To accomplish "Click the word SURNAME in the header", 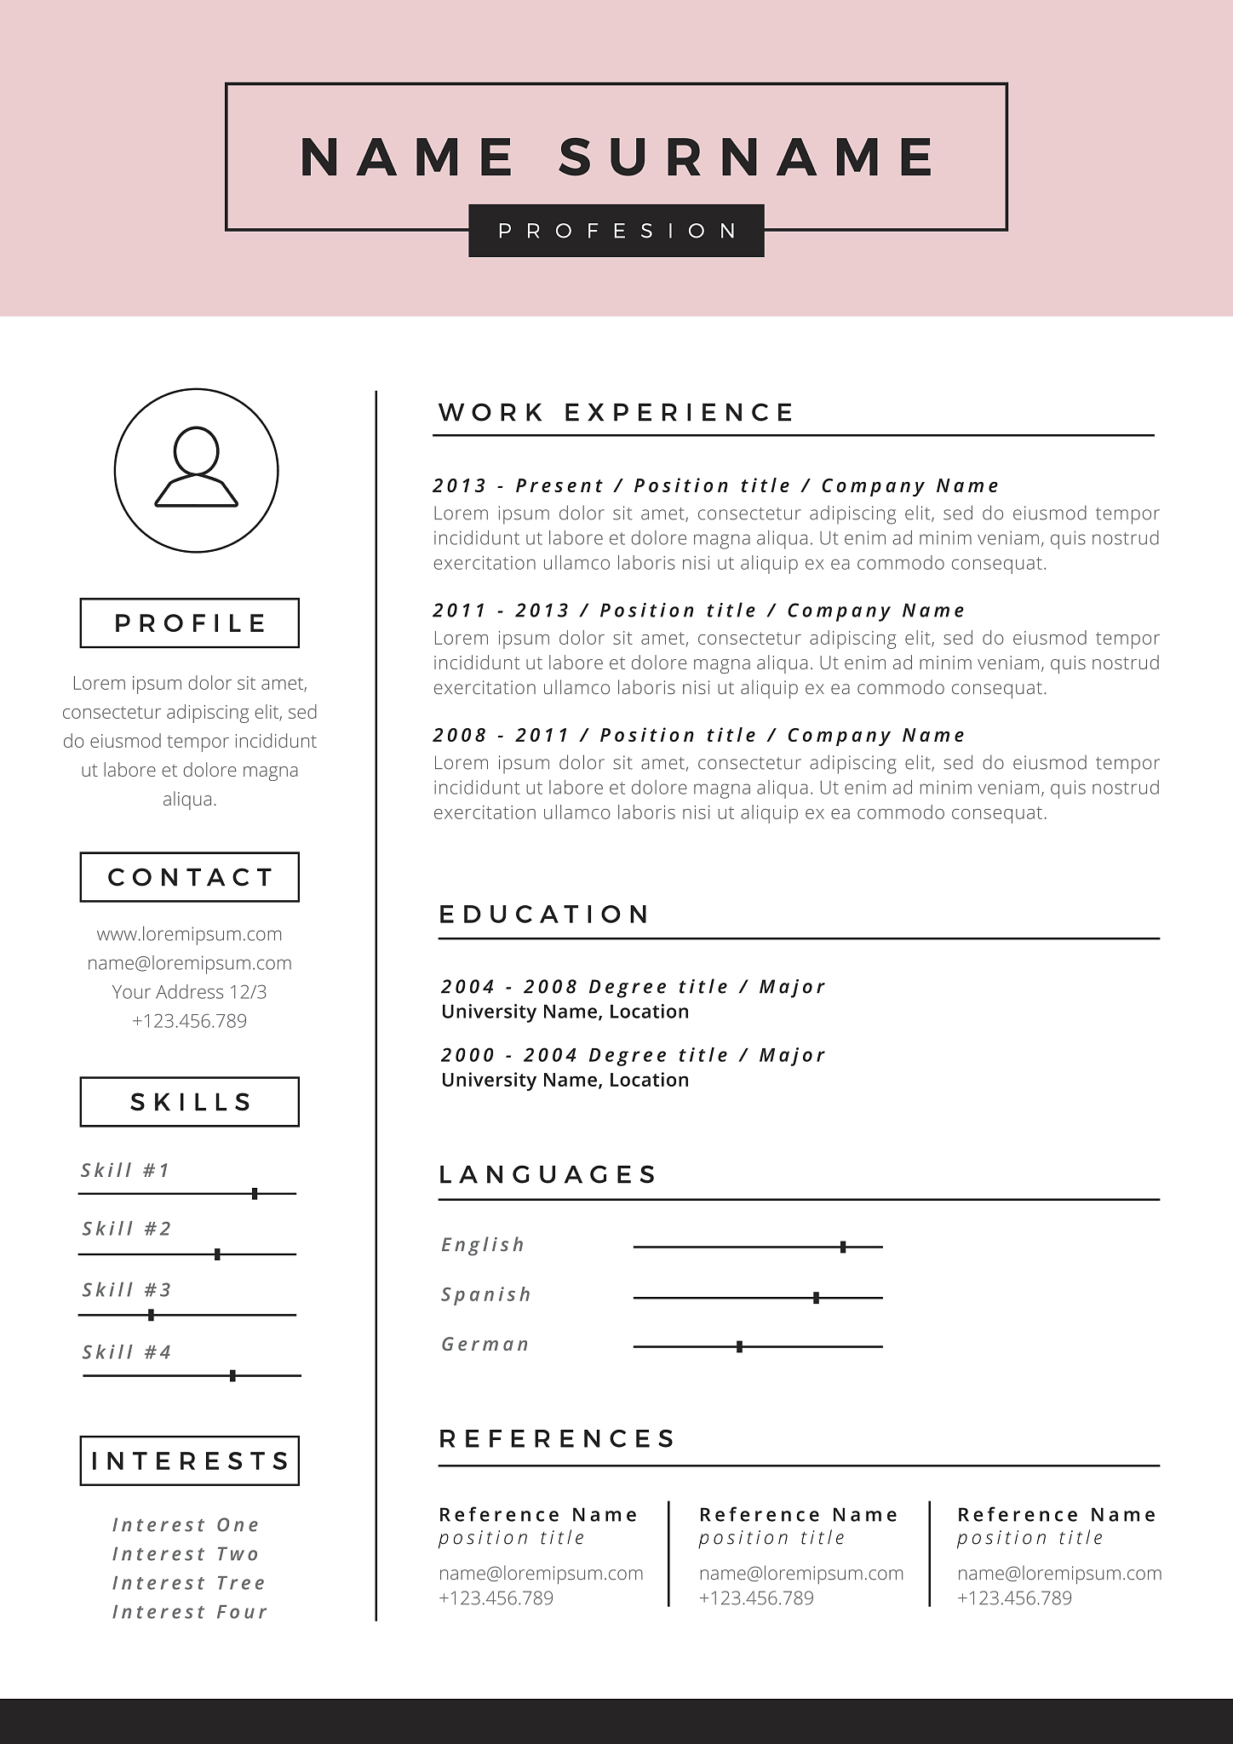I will pyautogui.click(x=748, y=157).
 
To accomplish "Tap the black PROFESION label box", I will pyautogui.click(x=616, y=231).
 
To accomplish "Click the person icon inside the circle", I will pyautogui.click(x=196, y=468).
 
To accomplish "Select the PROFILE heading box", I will pyautogui.click(x=190, y=622).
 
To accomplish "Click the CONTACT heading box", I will pyautogui.click(x=190, y=877).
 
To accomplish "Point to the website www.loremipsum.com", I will pyautogui.click(x=189, y=934).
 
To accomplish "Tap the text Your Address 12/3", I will pyautogui.click(x=189, y=992).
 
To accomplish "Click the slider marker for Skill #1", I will pyautogui.click(x=255, y=1194).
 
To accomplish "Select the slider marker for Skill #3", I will pyautogui.click(x=151, y=1315).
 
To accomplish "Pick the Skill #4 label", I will pyautogui.click(x=127, y=1352).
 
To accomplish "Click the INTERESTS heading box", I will pyautogui.click(x=190, y=1461).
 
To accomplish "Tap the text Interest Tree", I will pyautogui.click(x=189, y=1583).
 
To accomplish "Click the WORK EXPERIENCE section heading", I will pyautogui.click(x=616, y=413).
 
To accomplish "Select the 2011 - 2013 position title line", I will pyautogui.click(x=698, y=611).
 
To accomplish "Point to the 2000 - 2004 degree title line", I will pyautogui.click(x=633, y=1055).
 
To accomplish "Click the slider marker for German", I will pyautogui.click(x=739, y=1347).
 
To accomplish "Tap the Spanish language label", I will pyautogui.click(x=485, y=1295).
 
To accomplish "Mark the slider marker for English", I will pyautogui.click(x=843, y=1247).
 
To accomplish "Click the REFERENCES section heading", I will pyautogui.click(x=557, y=1439).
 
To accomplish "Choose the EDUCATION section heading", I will pyautogui.click(x=544, y=915).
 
